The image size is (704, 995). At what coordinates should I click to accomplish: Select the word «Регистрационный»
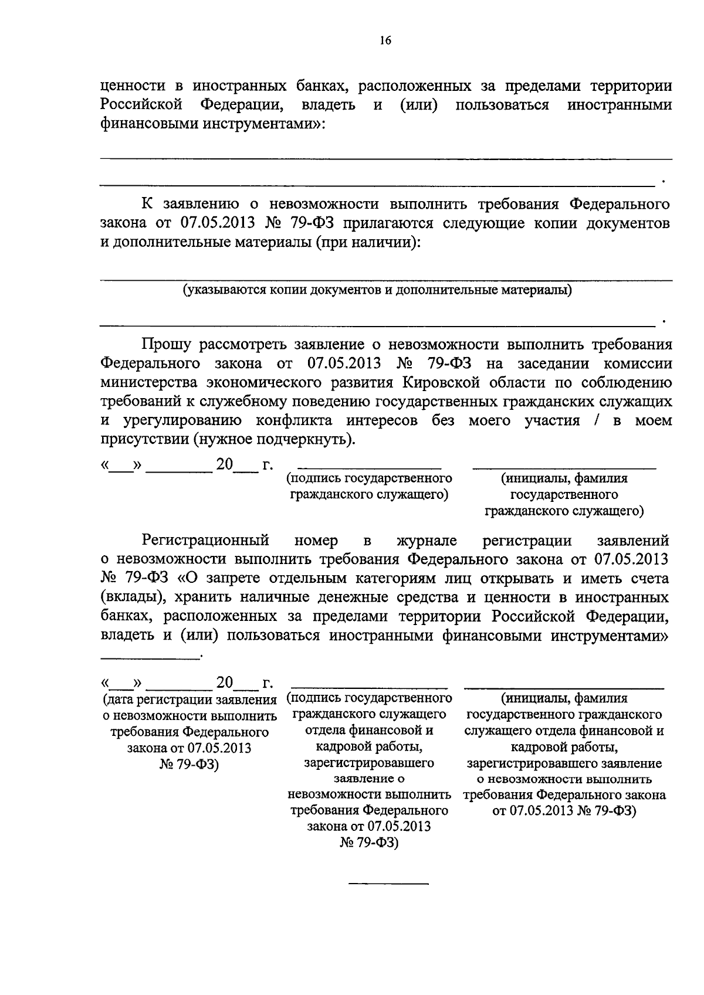pyautogui.click(x=205, y=540)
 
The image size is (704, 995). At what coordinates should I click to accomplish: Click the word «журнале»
pyautogui.click(x=427, y=540)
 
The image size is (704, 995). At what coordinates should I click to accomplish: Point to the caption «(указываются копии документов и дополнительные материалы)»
pyautogui.click(x=377, y=290)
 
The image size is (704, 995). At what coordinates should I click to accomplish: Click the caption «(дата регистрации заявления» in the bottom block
pyautogui.click(x=189, y=699)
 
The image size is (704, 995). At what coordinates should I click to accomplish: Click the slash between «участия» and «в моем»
pyautogui.click(x=595, y=420)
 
